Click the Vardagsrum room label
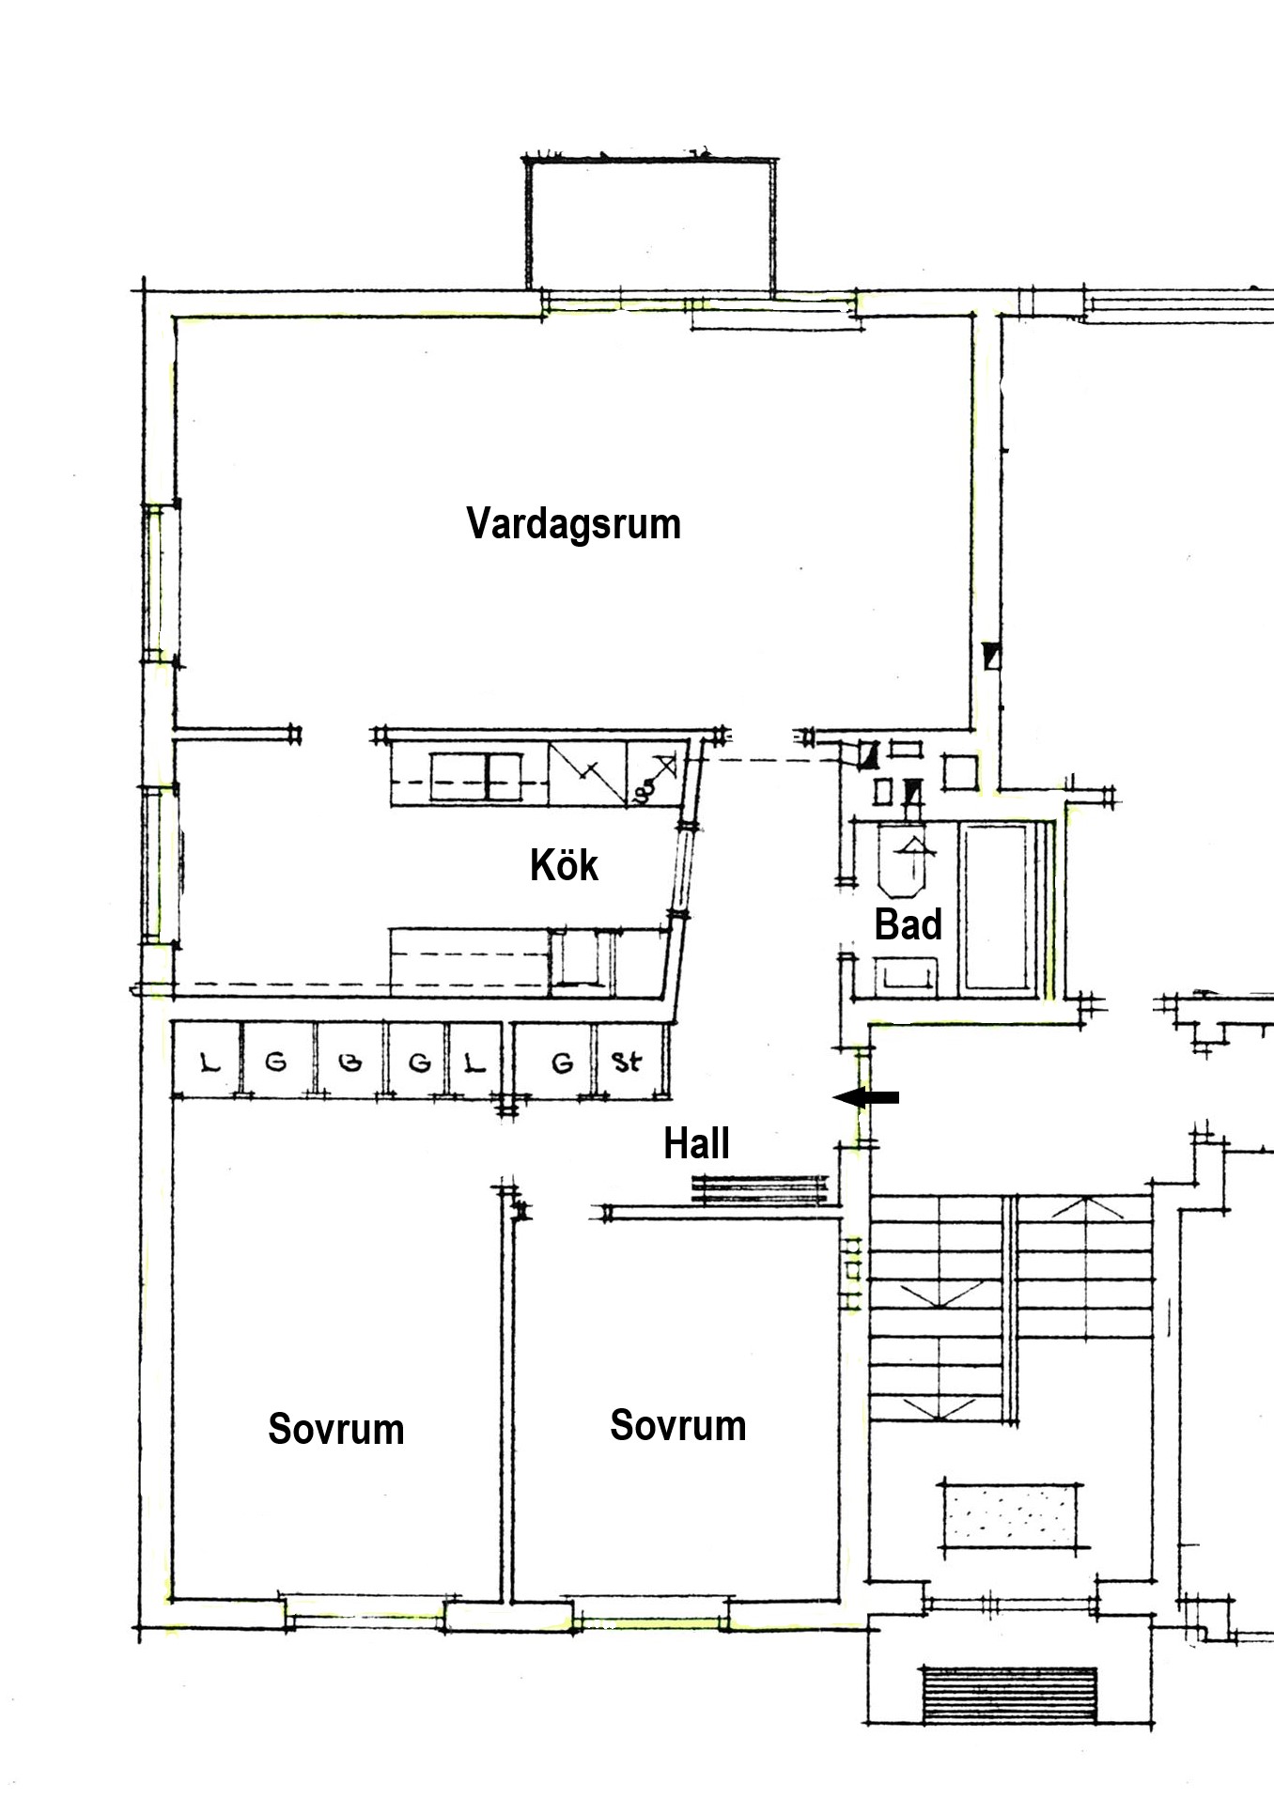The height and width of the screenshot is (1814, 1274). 573,524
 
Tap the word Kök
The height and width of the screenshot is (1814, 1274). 564,865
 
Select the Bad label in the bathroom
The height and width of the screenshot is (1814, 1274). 908,924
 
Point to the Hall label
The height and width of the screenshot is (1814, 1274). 696,1144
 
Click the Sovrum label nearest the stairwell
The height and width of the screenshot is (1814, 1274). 677,1425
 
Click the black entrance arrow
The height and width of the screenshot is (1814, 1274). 866,1097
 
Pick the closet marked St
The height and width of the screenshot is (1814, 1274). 628,1062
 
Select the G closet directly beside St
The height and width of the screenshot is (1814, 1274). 561,1062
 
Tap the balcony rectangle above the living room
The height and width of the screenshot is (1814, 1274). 650,227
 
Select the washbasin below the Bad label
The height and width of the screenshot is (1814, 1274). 907,975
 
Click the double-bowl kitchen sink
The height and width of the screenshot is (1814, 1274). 475,777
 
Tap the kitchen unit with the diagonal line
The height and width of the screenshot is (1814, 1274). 587,773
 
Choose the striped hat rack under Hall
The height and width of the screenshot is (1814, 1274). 759,1189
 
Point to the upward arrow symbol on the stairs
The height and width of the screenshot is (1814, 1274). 1087,1209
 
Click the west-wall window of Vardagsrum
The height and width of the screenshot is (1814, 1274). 160,582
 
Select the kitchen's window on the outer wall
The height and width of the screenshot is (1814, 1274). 160,864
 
